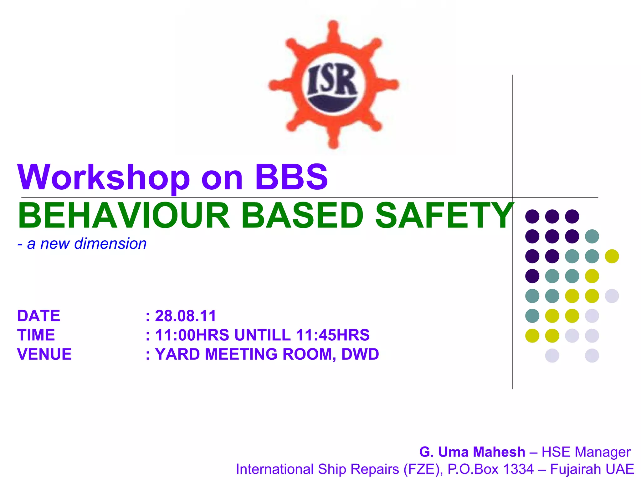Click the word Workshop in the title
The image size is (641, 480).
[x=103, y=177]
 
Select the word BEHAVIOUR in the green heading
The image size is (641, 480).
[x=124, y=216]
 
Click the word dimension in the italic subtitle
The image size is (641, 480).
[x=110, y=243]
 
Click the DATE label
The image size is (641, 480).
[x=38, y=316]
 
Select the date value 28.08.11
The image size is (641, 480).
[x=185, y=316]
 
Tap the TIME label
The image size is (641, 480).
[x=36, y=335]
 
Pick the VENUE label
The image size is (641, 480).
[x=44, y=354]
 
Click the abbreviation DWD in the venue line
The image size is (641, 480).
[x=360, y=354]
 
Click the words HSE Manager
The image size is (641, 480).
[x=586, y=452]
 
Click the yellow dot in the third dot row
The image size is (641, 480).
[x=612, y=256]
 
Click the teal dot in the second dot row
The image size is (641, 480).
[x=592, y=236]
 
